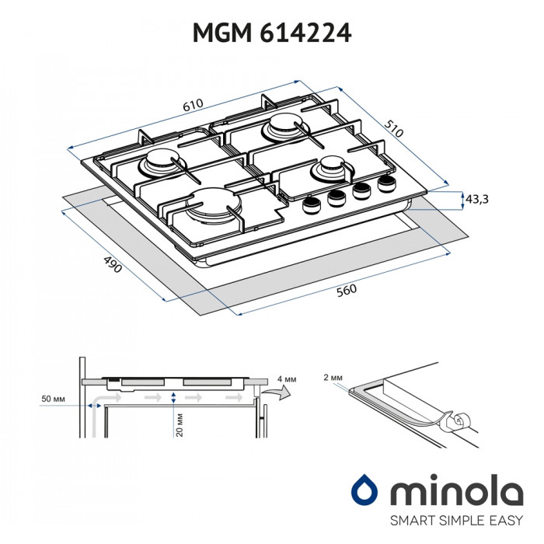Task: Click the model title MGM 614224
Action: (271, 32)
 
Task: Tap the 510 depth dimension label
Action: (395, 129)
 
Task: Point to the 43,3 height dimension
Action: (476, 199)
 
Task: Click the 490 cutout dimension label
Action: (113, 265)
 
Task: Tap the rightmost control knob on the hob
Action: (386, 183)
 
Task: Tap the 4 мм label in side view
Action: (287, 378)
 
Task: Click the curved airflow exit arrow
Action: (273, 398)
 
